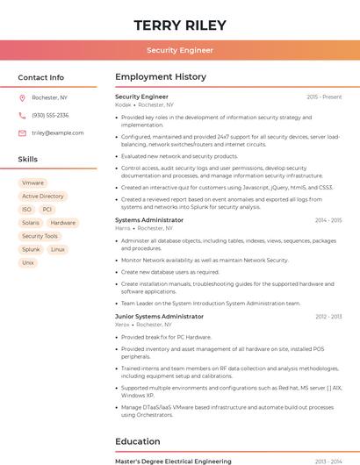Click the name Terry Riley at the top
[x=180, y=25]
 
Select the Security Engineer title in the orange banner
[x=180, y=50]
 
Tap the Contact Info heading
[x=41, y=77]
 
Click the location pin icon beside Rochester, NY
[x=22, y=97]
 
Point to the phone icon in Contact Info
[x=22, y=115]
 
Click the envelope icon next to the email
[x=22, y=132]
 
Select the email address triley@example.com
[x=58, y=132]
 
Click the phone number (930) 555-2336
[x=50, y=115]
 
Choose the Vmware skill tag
[x=32, y=182]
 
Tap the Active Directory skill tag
[x=43, y=196]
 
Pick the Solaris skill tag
[x=31, y=223]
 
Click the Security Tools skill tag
[x=40, y=236]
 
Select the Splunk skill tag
[x=31, y=249]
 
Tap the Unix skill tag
[x=28, y=262]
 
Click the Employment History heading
[x=161, y=77]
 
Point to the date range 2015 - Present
[x=324, y=97]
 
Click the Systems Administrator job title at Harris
[x=149, y=220]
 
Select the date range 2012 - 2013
[x=328, y=316]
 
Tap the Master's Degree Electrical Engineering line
[x=173, y=461]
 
